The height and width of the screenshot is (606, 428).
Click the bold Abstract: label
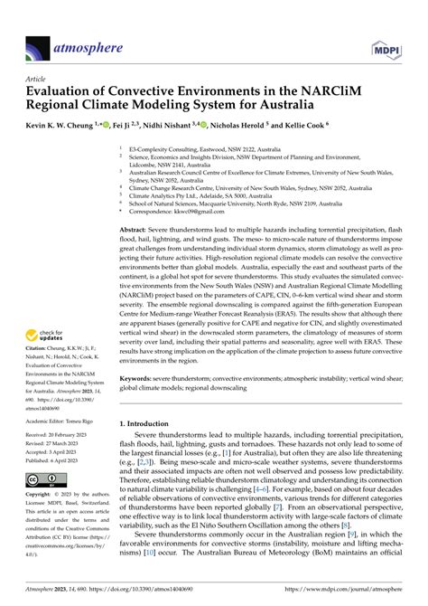pos(136,232)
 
